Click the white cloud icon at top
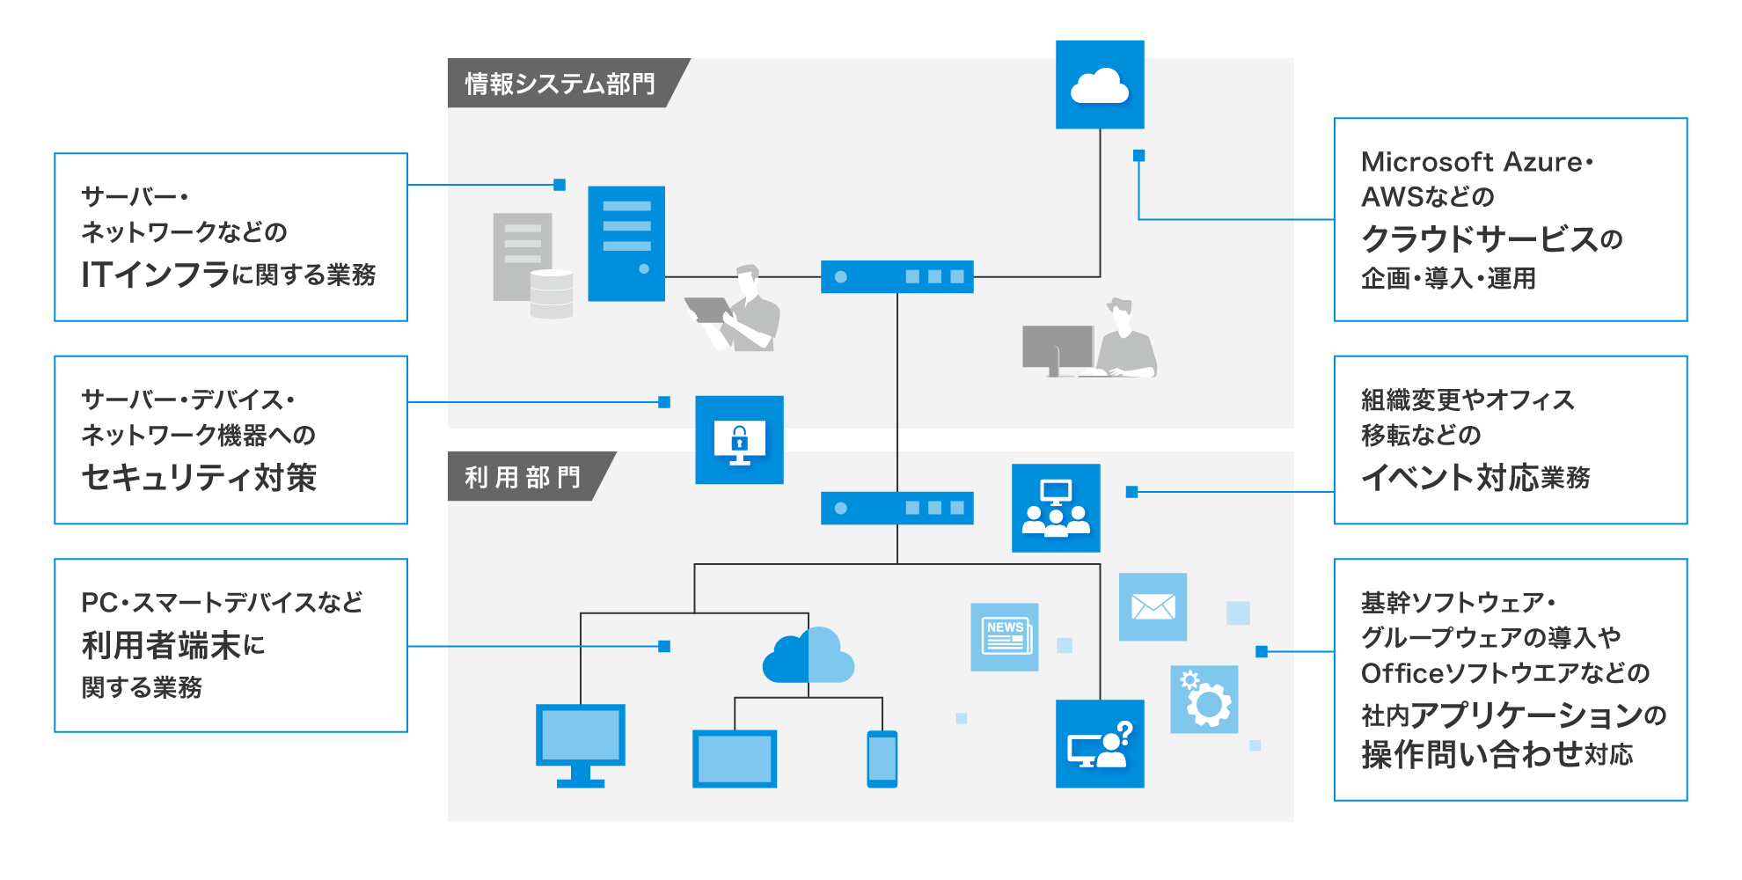1100,85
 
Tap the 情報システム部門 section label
560,84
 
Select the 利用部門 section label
523,477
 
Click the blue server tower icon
626,244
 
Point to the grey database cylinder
552,293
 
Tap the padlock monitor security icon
739,440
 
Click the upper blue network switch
897,276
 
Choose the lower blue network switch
897,508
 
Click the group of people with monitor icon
1056,508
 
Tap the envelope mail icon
1153,607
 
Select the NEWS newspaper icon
1005,637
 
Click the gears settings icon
1204,700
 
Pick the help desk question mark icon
1100,744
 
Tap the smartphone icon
882,759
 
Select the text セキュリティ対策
199,478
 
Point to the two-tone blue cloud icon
808,656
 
